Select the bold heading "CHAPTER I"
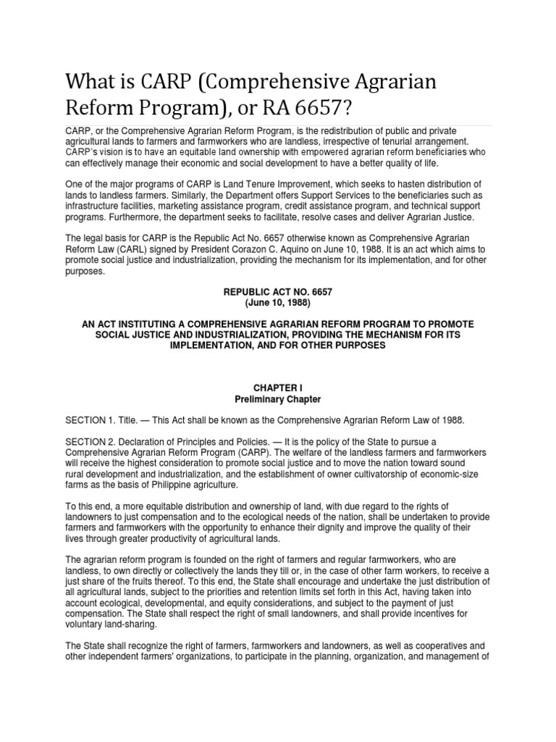(279, 388)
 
